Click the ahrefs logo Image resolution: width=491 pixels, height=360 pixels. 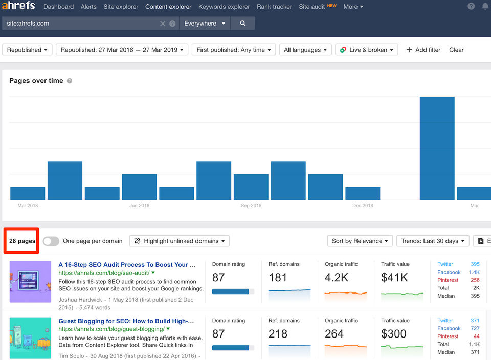point(18,6)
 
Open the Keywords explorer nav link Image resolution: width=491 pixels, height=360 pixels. point(224,7)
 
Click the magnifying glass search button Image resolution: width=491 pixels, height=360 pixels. point(242,24)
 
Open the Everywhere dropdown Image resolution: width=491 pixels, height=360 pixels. point(204,24)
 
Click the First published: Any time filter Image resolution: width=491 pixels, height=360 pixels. point(234,50)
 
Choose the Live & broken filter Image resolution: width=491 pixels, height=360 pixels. point(367,50)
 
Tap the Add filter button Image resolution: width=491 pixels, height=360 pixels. point(423,50)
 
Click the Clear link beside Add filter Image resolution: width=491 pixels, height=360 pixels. point(456,50)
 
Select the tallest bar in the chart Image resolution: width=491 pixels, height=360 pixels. point(437,148)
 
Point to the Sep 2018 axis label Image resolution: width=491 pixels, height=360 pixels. point(251,206)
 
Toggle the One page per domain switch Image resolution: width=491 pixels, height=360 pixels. point(51,241)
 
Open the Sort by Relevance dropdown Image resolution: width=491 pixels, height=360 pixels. point(360,241)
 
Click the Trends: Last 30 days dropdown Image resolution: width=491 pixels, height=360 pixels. point(433,241)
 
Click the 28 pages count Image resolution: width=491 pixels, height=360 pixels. point(22,241)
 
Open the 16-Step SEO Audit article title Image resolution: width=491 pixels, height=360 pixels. point(127,265)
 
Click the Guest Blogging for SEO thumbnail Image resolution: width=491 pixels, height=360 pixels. point(30,337)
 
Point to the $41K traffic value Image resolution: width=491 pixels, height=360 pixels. point(394,278)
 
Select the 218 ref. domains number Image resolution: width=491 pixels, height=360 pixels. point(278,334)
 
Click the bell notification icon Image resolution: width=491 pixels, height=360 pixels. point(485,7)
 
